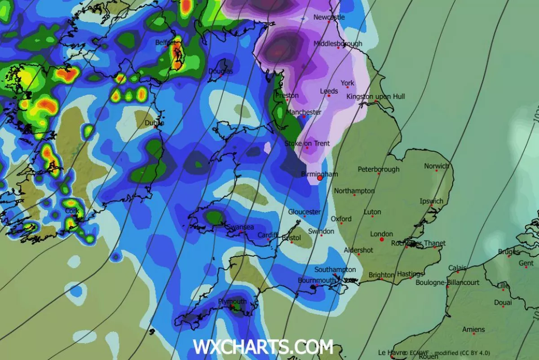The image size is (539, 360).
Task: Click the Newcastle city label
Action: coord(329,17)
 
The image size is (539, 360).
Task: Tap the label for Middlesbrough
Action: coord(338,44)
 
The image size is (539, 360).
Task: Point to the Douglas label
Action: coord(221,71)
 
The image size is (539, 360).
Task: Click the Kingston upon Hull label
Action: coord(376,97)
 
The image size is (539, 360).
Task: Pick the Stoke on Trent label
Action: coord(307,144)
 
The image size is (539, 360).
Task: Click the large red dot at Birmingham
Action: coord(320,178)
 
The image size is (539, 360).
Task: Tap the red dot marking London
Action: coord(382,240)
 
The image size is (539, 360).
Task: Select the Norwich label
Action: coord(436,166)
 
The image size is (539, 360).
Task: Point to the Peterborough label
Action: coord(379,169)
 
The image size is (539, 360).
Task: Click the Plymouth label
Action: coord(232,301)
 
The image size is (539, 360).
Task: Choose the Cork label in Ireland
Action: coord(72,211)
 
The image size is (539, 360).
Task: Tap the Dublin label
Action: coord(154,123)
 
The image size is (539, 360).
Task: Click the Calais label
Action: coord(457,268)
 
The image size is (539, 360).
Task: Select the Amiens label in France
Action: coord(473,329)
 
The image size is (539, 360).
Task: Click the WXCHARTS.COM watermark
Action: coord(263,347)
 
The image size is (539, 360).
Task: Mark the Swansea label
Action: coord(240,227)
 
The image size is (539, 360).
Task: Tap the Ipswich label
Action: coord(431,201)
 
